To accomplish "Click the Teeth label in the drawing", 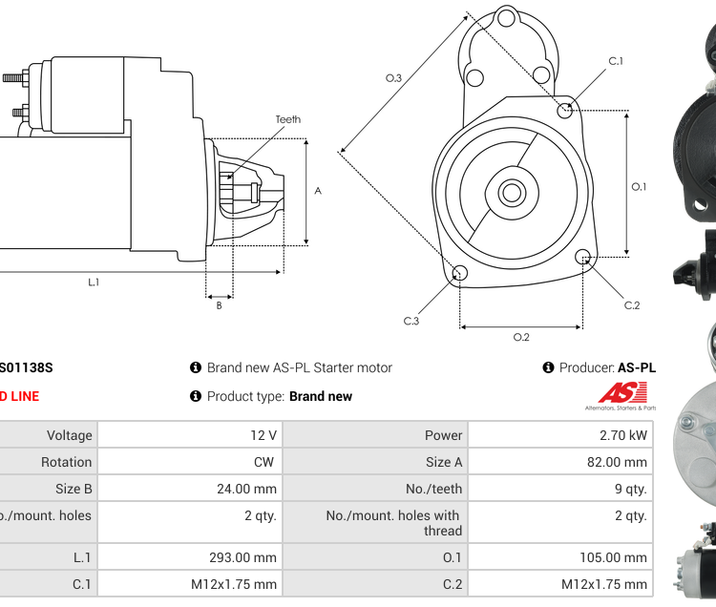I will pos(287,119).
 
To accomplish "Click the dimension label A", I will pos(318,191).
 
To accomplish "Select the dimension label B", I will pos(219,305).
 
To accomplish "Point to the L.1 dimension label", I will pos(94,282).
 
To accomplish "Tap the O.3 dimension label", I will pos(392,78).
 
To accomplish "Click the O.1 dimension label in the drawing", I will pos(639,186).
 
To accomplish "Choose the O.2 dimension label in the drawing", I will pos(521,337).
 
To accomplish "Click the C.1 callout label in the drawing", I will pos(616,62).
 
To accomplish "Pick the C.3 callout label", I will pos(411,322).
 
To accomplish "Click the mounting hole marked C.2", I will pos(583,256).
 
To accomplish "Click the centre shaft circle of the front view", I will pos(511,193).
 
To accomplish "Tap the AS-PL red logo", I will pos(622,392).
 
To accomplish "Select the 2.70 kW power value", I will pos(624,435).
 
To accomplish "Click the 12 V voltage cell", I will pos(263,435).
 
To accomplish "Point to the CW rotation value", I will pos(263,462).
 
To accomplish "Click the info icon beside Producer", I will pos(548,367).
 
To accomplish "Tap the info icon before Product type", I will pos(196,396).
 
